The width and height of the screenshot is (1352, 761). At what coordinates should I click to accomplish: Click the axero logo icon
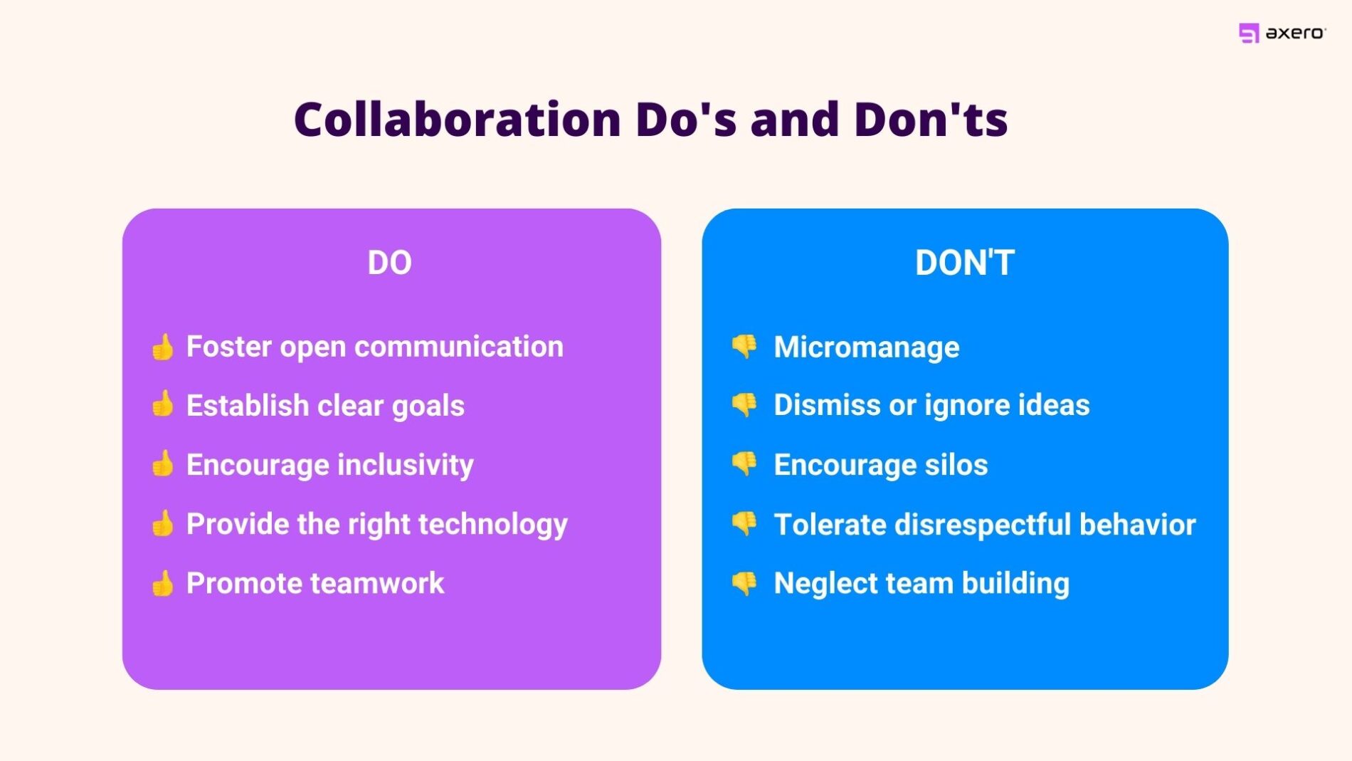[x=1248, y=33]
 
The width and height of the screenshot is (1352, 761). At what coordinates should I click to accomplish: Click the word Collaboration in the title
[x=458, y=119]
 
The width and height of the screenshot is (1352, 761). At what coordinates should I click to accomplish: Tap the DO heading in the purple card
[x=389, y=263]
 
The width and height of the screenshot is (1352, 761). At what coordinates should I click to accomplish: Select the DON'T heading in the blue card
[x=964, y=263]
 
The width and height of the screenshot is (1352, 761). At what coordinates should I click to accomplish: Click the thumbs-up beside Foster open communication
[x=163, y=347]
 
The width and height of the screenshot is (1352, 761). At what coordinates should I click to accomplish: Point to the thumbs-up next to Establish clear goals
[x=163, y=404]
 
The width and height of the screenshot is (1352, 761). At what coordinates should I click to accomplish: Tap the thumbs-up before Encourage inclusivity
[x=163, y=463]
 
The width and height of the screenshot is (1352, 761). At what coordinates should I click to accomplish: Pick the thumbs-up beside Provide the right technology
[x=163, y=523]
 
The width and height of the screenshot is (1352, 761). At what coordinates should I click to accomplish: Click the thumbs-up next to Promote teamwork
[x=163, y=583]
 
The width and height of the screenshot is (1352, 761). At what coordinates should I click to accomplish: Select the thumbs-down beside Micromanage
[x=744, y=346]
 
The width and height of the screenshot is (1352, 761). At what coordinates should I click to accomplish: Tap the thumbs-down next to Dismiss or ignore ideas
[x=744, y=404]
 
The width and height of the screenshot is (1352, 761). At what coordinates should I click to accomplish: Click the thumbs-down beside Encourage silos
[x=744, y=463]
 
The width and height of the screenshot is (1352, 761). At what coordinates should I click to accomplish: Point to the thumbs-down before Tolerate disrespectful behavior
[x=744, y=523]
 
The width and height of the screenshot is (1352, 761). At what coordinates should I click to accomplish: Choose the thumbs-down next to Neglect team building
[x=744, y=583]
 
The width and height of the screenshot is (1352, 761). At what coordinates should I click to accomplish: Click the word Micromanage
[x=866, y=347]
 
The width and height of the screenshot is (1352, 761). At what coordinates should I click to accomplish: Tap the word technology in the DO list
[x=492, y=525]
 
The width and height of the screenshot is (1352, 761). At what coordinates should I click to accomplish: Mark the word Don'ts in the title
[x=930, y=119]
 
